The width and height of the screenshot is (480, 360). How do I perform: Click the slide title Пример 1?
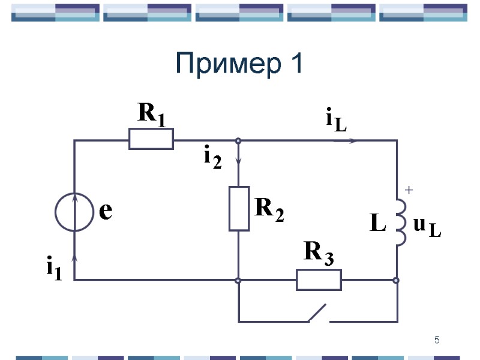tap(239, 64)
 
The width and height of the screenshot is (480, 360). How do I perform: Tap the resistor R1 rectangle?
tap(151, 139)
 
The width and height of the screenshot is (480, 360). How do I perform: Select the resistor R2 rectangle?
tap(239, 209)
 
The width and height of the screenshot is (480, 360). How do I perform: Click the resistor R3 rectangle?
tap(319, 280)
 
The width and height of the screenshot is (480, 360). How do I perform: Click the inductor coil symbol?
tap(401, 222)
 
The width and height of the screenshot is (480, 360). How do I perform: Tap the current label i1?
tap(55, 268)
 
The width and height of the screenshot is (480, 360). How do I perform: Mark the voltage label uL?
tap(427, 227)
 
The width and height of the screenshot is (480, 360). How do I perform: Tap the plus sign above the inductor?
tap(409, 190)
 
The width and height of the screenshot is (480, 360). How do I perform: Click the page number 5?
tap(437, 341)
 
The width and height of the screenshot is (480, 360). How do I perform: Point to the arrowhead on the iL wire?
tap(353, 141)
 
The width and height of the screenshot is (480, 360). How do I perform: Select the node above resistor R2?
tap(239, 141)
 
